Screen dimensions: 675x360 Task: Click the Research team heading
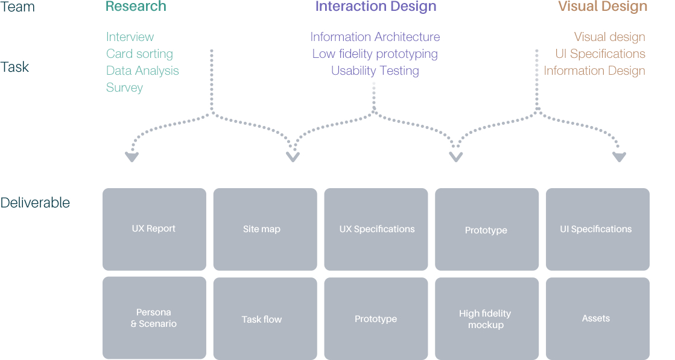click(136, 6)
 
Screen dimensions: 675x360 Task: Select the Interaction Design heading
click(376, 6)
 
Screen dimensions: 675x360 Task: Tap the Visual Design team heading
click(603, 6)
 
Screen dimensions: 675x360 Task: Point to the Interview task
click(130, 37)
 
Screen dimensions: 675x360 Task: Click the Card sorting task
click(139, 54)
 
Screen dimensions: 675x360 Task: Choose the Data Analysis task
click(142, 71)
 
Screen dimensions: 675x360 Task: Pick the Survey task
click(124, 88)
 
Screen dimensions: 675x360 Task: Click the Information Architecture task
click(375, 37)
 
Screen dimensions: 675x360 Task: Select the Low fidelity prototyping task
click(375, 54)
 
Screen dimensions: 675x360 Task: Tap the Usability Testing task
click(375, 71)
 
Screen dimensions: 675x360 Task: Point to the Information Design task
click(595, 71)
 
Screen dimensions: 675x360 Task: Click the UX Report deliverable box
click(154, 229)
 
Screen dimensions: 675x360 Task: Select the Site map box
click(265, 229)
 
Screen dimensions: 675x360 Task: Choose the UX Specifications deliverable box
click(376, 229)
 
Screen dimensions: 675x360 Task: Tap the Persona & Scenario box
click(154, 318)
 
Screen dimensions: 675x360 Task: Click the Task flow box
click(265, 319)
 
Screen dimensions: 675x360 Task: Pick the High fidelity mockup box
click(487, 319)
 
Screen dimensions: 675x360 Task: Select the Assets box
click(598, 319)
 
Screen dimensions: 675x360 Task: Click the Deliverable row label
click(35, 203)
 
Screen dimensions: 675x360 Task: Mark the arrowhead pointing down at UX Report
click(132, 157)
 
